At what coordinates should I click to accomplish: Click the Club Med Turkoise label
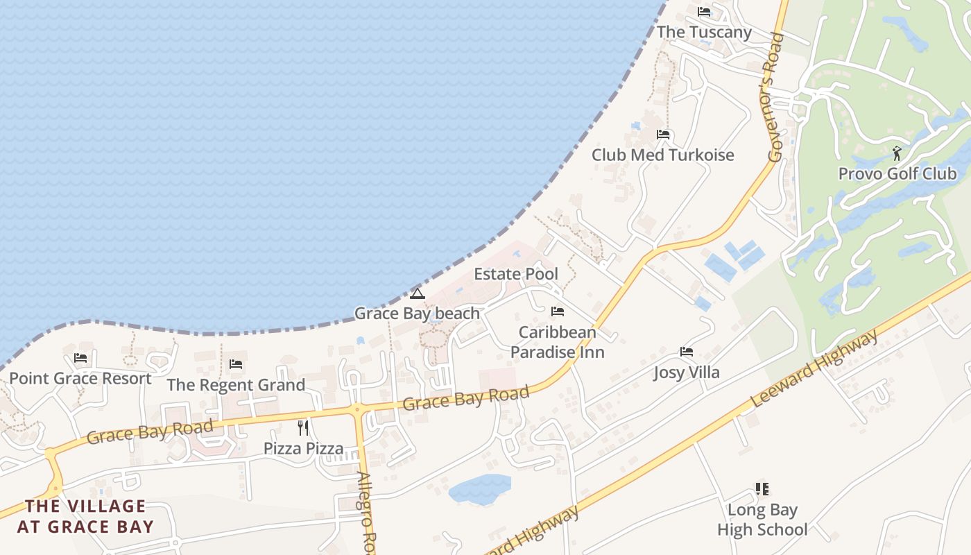[662, 155]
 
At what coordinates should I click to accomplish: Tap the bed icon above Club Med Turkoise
[663, 135]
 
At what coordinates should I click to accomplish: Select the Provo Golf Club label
[897, 173]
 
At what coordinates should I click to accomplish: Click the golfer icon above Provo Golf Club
[897, 153]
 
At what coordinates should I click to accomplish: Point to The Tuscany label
[704, 32]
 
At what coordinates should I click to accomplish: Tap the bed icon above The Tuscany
[704, 12]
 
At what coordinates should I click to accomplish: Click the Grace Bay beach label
[417, 314]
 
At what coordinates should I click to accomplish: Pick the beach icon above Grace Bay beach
[417, 293]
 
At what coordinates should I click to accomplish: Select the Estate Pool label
[515, 274]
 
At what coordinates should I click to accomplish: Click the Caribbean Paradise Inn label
[558, 342]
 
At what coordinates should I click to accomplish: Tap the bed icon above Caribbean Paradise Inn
[558, 311]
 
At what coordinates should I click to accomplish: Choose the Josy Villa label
[687, 373]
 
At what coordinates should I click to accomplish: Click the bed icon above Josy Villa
[687, 352]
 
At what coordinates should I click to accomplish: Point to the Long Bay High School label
[762, 520]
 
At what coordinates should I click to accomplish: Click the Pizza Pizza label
[303, 448]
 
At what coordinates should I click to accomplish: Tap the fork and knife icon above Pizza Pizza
[303, 427]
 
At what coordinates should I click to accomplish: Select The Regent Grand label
[236, 385]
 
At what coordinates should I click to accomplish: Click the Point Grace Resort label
[80, 379]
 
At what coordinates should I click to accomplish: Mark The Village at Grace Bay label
[85, 516]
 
